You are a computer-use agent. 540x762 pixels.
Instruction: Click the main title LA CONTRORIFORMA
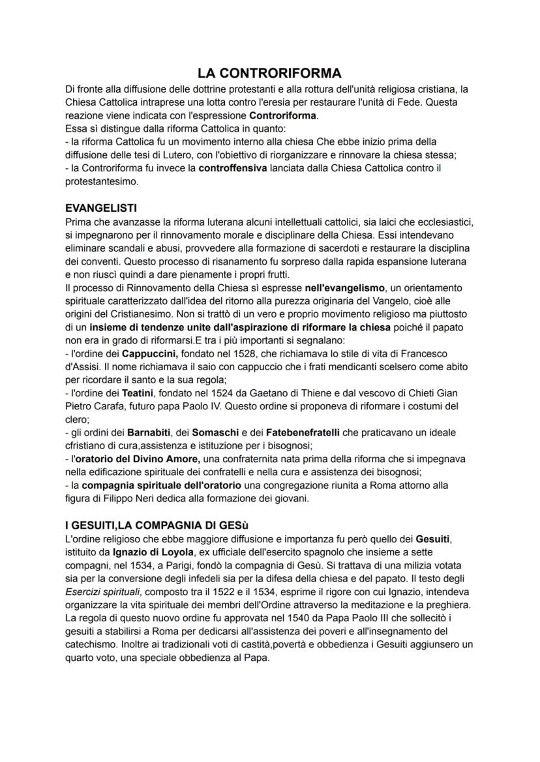coord(269,73)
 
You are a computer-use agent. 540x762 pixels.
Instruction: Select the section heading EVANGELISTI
coord(101,209)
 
